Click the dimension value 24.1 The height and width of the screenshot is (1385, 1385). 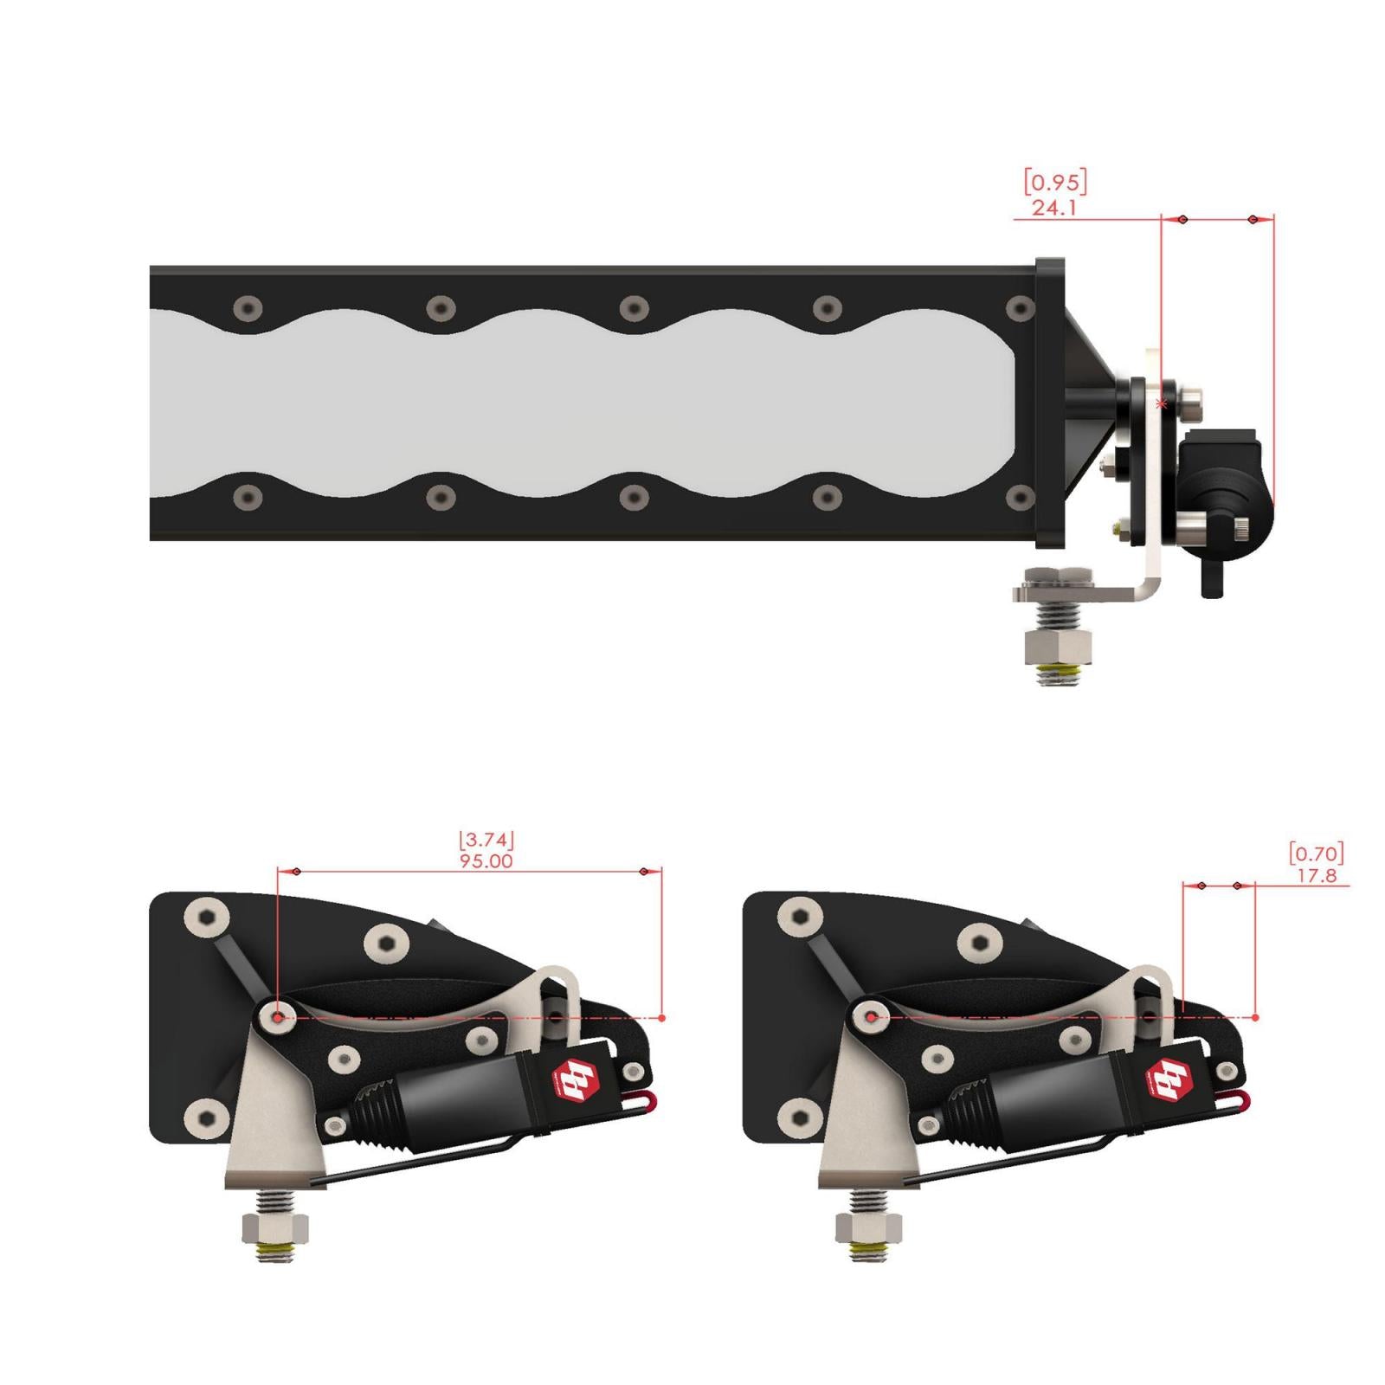[x=1053, y=208]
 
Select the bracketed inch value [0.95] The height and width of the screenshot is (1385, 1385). [x=1055, y=183]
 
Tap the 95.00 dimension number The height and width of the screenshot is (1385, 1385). [x=486, y=861]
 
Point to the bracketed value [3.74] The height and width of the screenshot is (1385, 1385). [x=486, y=840]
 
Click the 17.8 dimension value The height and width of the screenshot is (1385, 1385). [x=1317, y=876]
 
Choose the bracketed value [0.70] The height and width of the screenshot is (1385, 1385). [x=1317, y=854]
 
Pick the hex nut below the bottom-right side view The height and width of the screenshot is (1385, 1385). [x=869, y=1227]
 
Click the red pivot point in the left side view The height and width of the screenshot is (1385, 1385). [x=277, y=1018]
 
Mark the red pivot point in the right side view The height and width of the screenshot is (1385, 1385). [x=871, y=1018]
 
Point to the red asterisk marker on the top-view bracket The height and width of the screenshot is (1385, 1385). [x=1162, y=404]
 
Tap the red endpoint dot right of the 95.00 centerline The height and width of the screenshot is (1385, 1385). [x=662, y=1019]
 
